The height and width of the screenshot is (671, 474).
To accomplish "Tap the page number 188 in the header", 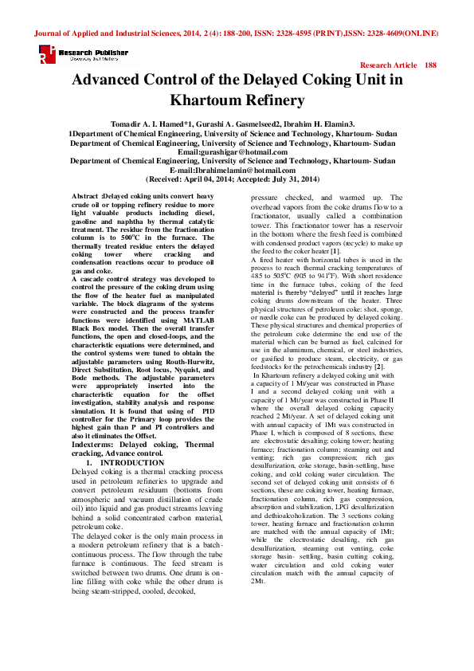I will (431, 65).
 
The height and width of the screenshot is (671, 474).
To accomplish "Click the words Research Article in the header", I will (389, 65).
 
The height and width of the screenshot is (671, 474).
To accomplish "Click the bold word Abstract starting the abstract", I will (86, 196).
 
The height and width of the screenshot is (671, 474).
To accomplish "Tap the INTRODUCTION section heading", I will (132, 462).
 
